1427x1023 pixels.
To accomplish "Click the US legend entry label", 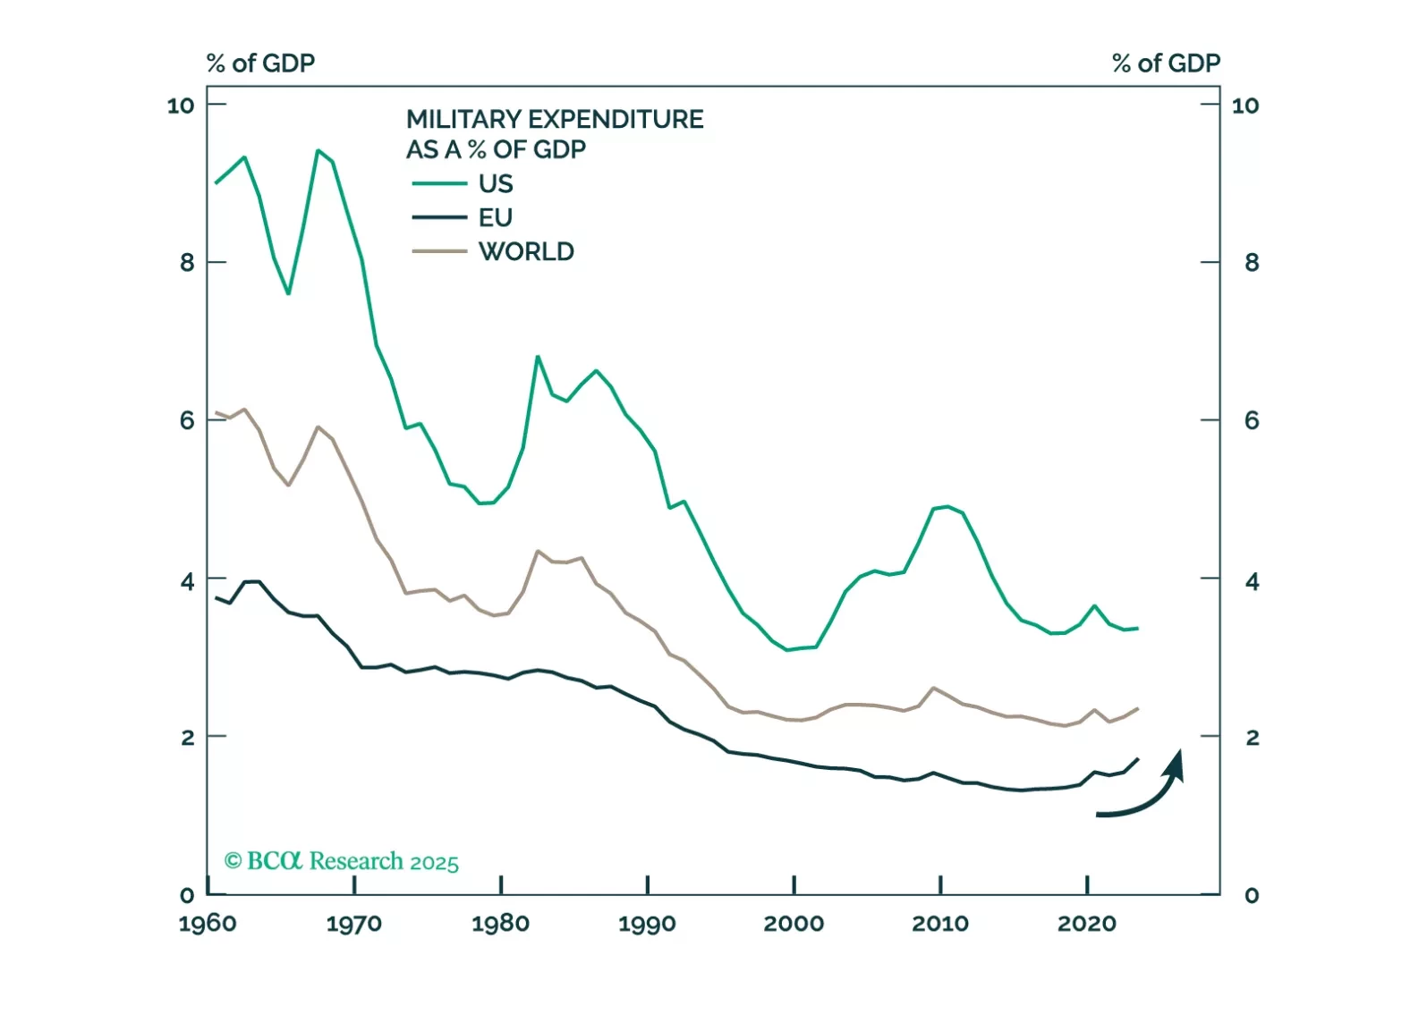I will [x=496, y=184].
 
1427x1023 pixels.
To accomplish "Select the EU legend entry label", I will [x=496, y=218].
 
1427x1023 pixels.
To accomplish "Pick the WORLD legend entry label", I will [x=526, y=252].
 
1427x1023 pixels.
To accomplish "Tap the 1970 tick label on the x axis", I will [x=354, y=924].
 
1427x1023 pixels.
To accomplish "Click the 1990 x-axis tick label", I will [x=647, y=924].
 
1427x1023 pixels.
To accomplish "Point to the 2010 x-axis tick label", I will [x=940, y=924].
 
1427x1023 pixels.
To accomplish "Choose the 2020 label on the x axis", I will [x=1087, y=924].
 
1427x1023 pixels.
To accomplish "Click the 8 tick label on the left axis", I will [x=187, y=263].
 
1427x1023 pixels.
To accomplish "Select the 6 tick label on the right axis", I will [x=1252, y=420].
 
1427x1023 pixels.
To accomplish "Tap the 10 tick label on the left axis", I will [x=181, y=106].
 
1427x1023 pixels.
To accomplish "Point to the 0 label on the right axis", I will [x=1252, y=895].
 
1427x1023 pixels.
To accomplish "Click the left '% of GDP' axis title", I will [x=260, y=63].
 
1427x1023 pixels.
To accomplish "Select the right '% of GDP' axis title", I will [x=1166, y=63].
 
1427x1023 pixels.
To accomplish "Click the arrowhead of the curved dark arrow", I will [x=1175, y=765].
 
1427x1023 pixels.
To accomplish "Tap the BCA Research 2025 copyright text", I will [x=341, y=861].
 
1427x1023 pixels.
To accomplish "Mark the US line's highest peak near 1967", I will [x=318, y=150].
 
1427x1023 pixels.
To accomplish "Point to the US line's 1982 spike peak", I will [x=538, y=357].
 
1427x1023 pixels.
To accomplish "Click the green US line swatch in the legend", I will [x=439, y=184].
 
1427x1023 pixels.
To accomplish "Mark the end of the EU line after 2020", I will [x=1137, y=759].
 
